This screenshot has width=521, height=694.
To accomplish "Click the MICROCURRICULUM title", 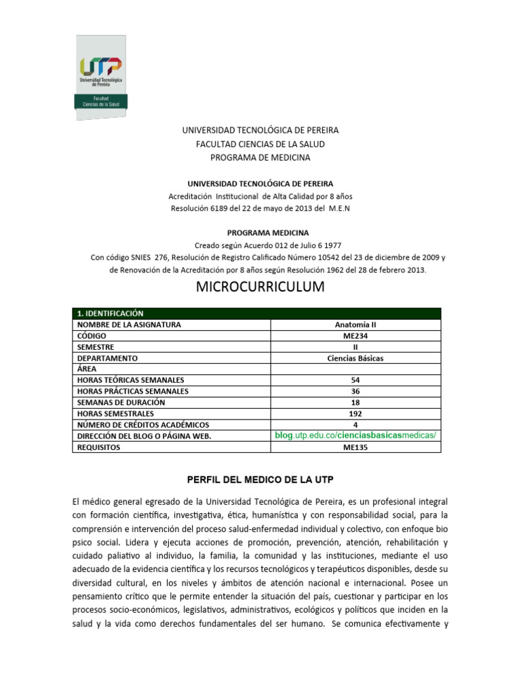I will click(x=260, y=287).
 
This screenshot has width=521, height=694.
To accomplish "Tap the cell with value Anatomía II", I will click(x=355, y=325).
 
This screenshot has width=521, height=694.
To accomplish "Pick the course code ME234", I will click(x=355, y=335).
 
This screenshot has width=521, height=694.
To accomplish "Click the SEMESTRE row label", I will click(x=96, y=347).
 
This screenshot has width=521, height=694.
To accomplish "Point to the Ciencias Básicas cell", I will click(x=355, y=358).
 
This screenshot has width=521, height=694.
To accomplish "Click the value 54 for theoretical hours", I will click(x=355, y=380).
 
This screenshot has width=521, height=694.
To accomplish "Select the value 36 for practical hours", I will click(x=355, y=391).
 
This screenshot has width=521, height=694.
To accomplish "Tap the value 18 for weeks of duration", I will click(x=355, y=403).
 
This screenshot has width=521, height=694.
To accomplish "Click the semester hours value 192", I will click(x=355, y=413).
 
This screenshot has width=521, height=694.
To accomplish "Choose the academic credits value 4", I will click(x=355, y=425).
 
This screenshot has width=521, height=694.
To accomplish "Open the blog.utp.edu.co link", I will click(x=355, y=435).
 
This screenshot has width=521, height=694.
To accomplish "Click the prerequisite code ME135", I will click(x=355, y=447).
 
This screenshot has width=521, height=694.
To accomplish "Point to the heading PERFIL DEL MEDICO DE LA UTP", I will click(x=260, y=479).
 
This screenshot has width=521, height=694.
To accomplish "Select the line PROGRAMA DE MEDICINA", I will click(x=260, y=157).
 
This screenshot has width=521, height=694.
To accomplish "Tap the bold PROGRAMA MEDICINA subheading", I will click(x=260, y=232).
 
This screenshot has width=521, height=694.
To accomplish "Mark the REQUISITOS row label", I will click(x=99, y=447).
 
